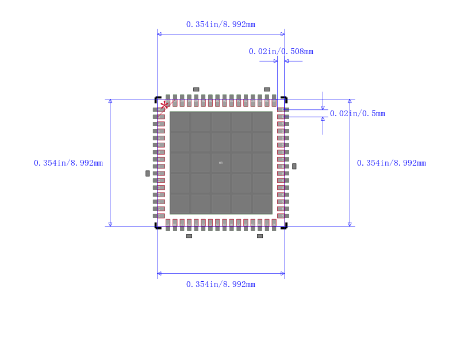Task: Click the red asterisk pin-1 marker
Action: (165, 105)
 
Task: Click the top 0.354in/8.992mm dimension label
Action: (220, 24)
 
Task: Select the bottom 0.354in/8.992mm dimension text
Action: (220, 284)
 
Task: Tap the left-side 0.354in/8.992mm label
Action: (68, 163)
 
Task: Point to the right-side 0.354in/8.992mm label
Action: (391, 163)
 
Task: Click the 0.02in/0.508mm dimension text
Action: (281, 51)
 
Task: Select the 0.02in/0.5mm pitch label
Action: (357, 113)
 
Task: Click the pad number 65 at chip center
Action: (221, 163)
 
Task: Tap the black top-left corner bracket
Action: (157, 99)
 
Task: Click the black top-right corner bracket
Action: (285, 99)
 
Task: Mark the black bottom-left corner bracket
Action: (157, 226)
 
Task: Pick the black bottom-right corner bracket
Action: (285, 226)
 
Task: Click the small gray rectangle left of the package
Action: (148, 173)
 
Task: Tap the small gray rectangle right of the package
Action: (294, 166)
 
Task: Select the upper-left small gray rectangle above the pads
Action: (196, 89)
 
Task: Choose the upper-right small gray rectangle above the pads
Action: (267, 89)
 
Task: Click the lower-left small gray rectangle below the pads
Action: (189, 236)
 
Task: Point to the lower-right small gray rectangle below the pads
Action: (260, 236)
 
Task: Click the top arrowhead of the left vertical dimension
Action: (110, 101)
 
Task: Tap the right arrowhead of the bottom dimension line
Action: (282, 273)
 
